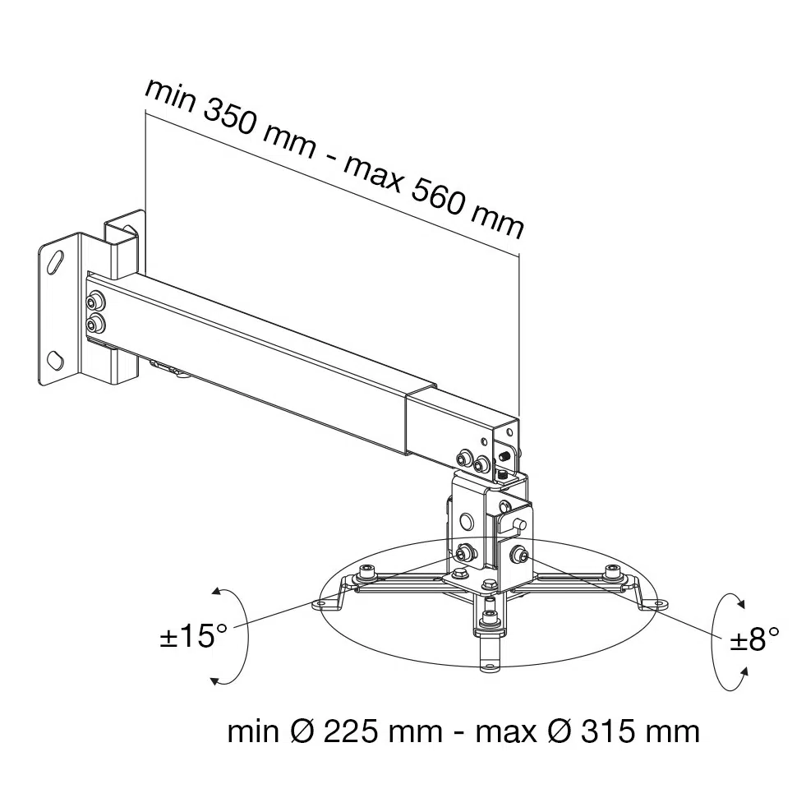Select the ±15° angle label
tap(192, 637)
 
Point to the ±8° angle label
tap(753, 639)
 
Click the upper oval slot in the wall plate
tap(56, 262)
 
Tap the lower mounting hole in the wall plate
tap(56, 359)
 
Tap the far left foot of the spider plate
tap(323, 604)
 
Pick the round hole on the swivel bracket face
tap(467, 521)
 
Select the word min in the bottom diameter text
tap(252, 731)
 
